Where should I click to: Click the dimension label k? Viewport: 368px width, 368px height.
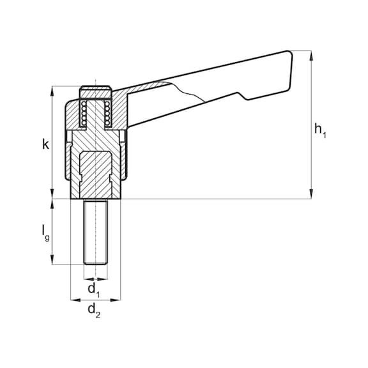[45, 144]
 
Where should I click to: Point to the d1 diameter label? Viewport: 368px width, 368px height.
[94, 289]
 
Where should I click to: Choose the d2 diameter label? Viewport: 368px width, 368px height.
[94, 310]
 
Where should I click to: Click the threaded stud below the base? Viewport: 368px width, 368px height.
[96, 232]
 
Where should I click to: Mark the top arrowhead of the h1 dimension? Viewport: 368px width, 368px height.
[311, 56]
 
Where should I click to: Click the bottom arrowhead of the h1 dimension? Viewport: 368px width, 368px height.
[311, 194]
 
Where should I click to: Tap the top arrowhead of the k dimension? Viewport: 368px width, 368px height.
[52, 91]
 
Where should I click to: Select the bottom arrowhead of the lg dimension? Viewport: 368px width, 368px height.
[52, 259]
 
